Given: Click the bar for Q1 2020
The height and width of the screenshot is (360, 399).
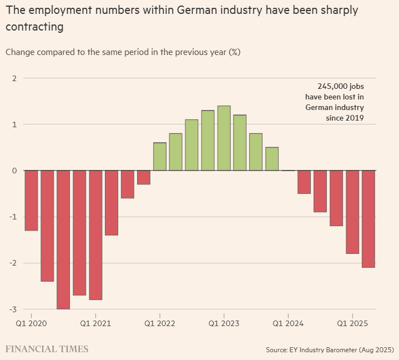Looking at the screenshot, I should coord(31,200).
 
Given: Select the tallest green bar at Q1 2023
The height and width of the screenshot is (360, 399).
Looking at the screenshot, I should coord(224,138).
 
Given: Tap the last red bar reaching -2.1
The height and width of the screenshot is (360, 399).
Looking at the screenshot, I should coord(368,218).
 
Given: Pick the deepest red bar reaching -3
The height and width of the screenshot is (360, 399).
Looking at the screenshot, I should coord(63,239).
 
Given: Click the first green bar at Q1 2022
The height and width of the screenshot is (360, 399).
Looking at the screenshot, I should coord(160,157).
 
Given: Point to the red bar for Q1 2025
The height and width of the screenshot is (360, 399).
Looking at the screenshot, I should coord(352,212).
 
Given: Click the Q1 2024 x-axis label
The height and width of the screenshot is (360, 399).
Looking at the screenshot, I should coord(288,322).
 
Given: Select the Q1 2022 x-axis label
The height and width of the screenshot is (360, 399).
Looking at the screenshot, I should coord(160,322).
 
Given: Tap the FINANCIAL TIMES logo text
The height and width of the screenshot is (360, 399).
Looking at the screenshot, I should coord(47,349).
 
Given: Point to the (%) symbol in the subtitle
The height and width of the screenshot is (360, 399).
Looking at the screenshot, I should coord(235,52).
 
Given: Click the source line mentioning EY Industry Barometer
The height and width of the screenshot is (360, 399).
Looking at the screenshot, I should coord(330,350).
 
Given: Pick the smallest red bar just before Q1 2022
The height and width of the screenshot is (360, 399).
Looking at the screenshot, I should coord(144,177).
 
